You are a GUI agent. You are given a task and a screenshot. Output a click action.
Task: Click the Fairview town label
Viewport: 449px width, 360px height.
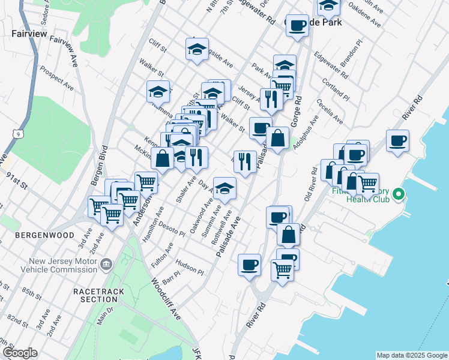pos(29,34)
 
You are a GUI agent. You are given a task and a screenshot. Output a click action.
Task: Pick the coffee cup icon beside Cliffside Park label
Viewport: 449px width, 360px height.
pos(297,25)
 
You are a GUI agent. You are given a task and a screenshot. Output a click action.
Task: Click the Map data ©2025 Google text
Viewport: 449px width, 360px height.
pos(412,355)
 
